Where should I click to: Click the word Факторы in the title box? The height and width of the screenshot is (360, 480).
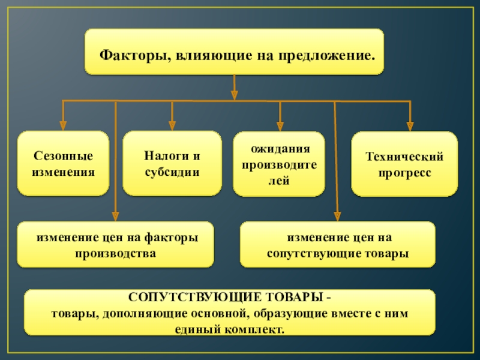(128, 55)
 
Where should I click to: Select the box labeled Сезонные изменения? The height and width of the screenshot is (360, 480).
(63, 164)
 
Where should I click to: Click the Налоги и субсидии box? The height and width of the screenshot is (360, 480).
(172, 164)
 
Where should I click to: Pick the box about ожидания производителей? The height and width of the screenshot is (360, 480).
(279, 164)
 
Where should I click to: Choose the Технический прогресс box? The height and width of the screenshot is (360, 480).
(404, 164)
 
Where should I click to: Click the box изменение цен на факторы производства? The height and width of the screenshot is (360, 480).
(116, 245)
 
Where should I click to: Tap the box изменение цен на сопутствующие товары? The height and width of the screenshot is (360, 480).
(338, 245)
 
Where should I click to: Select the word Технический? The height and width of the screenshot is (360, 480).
(404, 157)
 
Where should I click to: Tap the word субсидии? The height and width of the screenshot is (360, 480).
(172, 172)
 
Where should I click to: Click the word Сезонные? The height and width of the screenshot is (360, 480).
(63, 157)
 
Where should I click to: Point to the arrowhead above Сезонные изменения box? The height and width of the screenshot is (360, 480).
(63, 127)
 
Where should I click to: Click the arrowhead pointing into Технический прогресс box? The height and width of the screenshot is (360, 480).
(410, 127)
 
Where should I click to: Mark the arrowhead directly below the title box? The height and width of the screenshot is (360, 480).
(235, 95)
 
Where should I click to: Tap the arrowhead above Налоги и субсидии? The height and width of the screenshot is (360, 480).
(172, 125)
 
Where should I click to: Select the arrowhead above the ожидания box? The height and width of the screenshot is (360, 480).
(280, 127)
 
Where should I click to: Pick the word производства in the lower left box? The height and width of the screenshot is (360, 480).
(116, 253)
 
